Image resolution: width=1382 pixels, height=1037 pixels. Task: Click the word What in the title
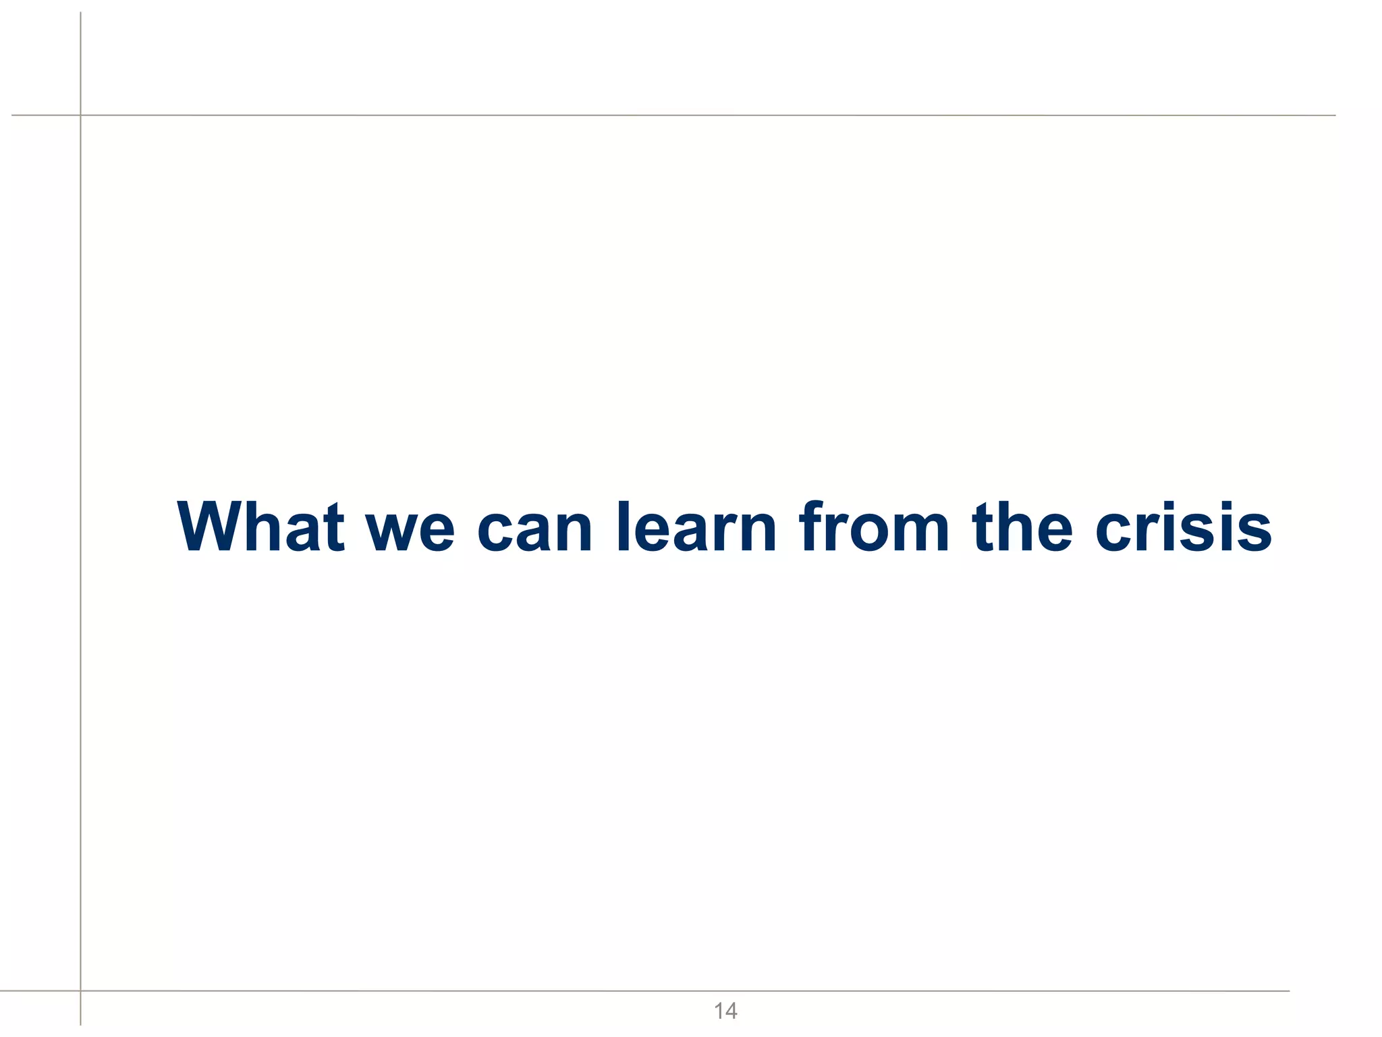tap(261, 527)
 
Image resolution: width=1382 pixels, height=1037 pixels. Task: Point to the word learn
tap(696, 527)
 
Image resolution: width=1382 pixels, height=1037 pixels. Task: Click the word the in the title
tap(1022, 527)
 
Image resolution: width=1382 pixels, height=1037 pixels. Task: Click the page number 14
tap(725, 1011)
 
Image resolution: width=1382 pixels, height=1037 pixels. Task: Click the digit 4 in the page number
tap(731, 1011)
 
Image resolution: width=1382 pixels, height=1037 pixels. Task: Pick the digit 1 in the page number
tap(718, 1011)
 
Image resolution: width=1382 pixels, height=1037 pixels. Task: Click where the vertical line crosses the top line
tap(80, 115)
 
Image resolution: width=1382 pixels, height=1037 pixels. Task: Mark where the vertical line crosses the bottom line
tap(80, 991)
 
